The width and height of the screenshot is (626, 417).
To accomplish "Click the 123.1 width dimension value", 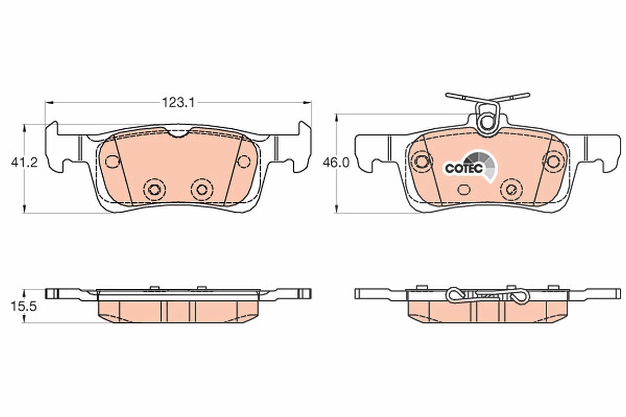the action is pos(178,103).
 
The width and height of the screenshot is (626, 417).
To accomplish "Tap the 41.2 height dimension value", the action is pos(25,162).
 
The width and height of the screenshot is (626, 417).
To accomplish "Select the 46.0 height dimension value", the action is pos(336,163).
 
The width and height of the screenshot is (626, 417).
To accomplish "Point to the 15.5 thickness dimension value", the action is pos(24,306).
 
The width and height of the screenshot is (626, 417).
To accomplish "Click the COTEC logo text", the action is pos(464,168).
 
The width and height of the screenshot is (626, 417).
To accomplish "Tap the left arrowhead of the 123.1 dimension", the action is pos(49,103).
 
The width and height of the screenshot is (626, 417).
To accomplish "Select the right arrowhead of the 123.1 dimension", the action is pos(307,103).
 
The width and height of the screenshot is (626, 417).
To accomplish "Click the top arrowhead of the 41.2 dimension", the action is pos(25,128).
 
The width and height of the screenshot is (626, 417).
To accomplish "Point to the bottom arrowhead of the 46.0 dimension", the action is pos(337,209).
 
